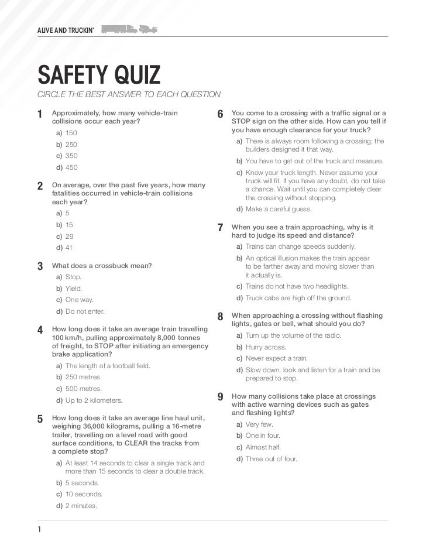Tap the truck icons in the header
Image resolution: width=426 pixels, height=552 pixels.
pyautogui.click(x=129, y=30)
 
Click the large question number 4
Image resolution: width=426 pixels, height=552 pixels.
pyautogui.click(x=40, y=330)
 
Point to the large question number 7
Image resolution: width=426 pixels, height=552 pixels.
pyautogui.click(x=220, y=228)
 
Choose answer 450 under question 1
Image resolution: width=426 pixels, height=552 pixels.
pyautogui.click(x=71, y=167)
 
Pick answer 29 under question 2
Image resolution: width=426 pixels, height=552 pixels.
pyautogui.click(x=69, y=236)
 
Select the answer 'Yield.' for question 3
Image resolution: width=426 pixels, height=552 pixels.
pyautogui.click(x=73, y=289)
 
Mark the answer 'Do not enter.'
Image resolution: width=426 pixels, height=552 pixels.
pyautogui.click(x=85, y=311)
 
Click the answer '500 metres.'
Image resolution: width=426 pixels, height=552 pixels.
pyautogui.click(x=83, y=389)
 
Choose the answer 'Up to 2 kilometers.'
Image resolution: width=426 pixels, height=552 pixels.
pyautogui.click(x=94, y=400)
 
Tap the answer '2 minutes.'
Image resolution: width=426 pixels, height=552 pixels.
pyautogui.click(x=81, y=506)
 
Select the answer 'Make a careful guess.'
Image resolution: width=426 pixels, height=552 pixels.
pyautogui.click(x=279, y=209)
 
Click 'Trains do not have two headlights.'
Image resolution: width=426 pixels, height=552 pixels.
pyautogui.click(x=297, y=286)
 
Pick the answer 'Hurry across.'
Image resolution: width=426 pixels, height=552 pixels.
pyautogui.click(x=265, y=347)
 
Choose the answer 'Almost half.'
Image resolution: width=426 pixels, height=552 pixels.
pyautogui.click(x=263, y=447)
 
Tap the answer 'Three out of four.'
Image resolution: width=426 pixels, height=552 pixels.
pyautogui.click(x=272, y=459)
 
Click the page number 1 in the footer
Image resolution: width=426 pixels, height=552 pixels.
pyautogui.click(x=39, y=530)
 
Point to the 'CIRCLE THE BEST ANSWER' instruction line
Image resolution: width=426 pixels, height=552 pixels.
pyautogui.click(x=129, y=95)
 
